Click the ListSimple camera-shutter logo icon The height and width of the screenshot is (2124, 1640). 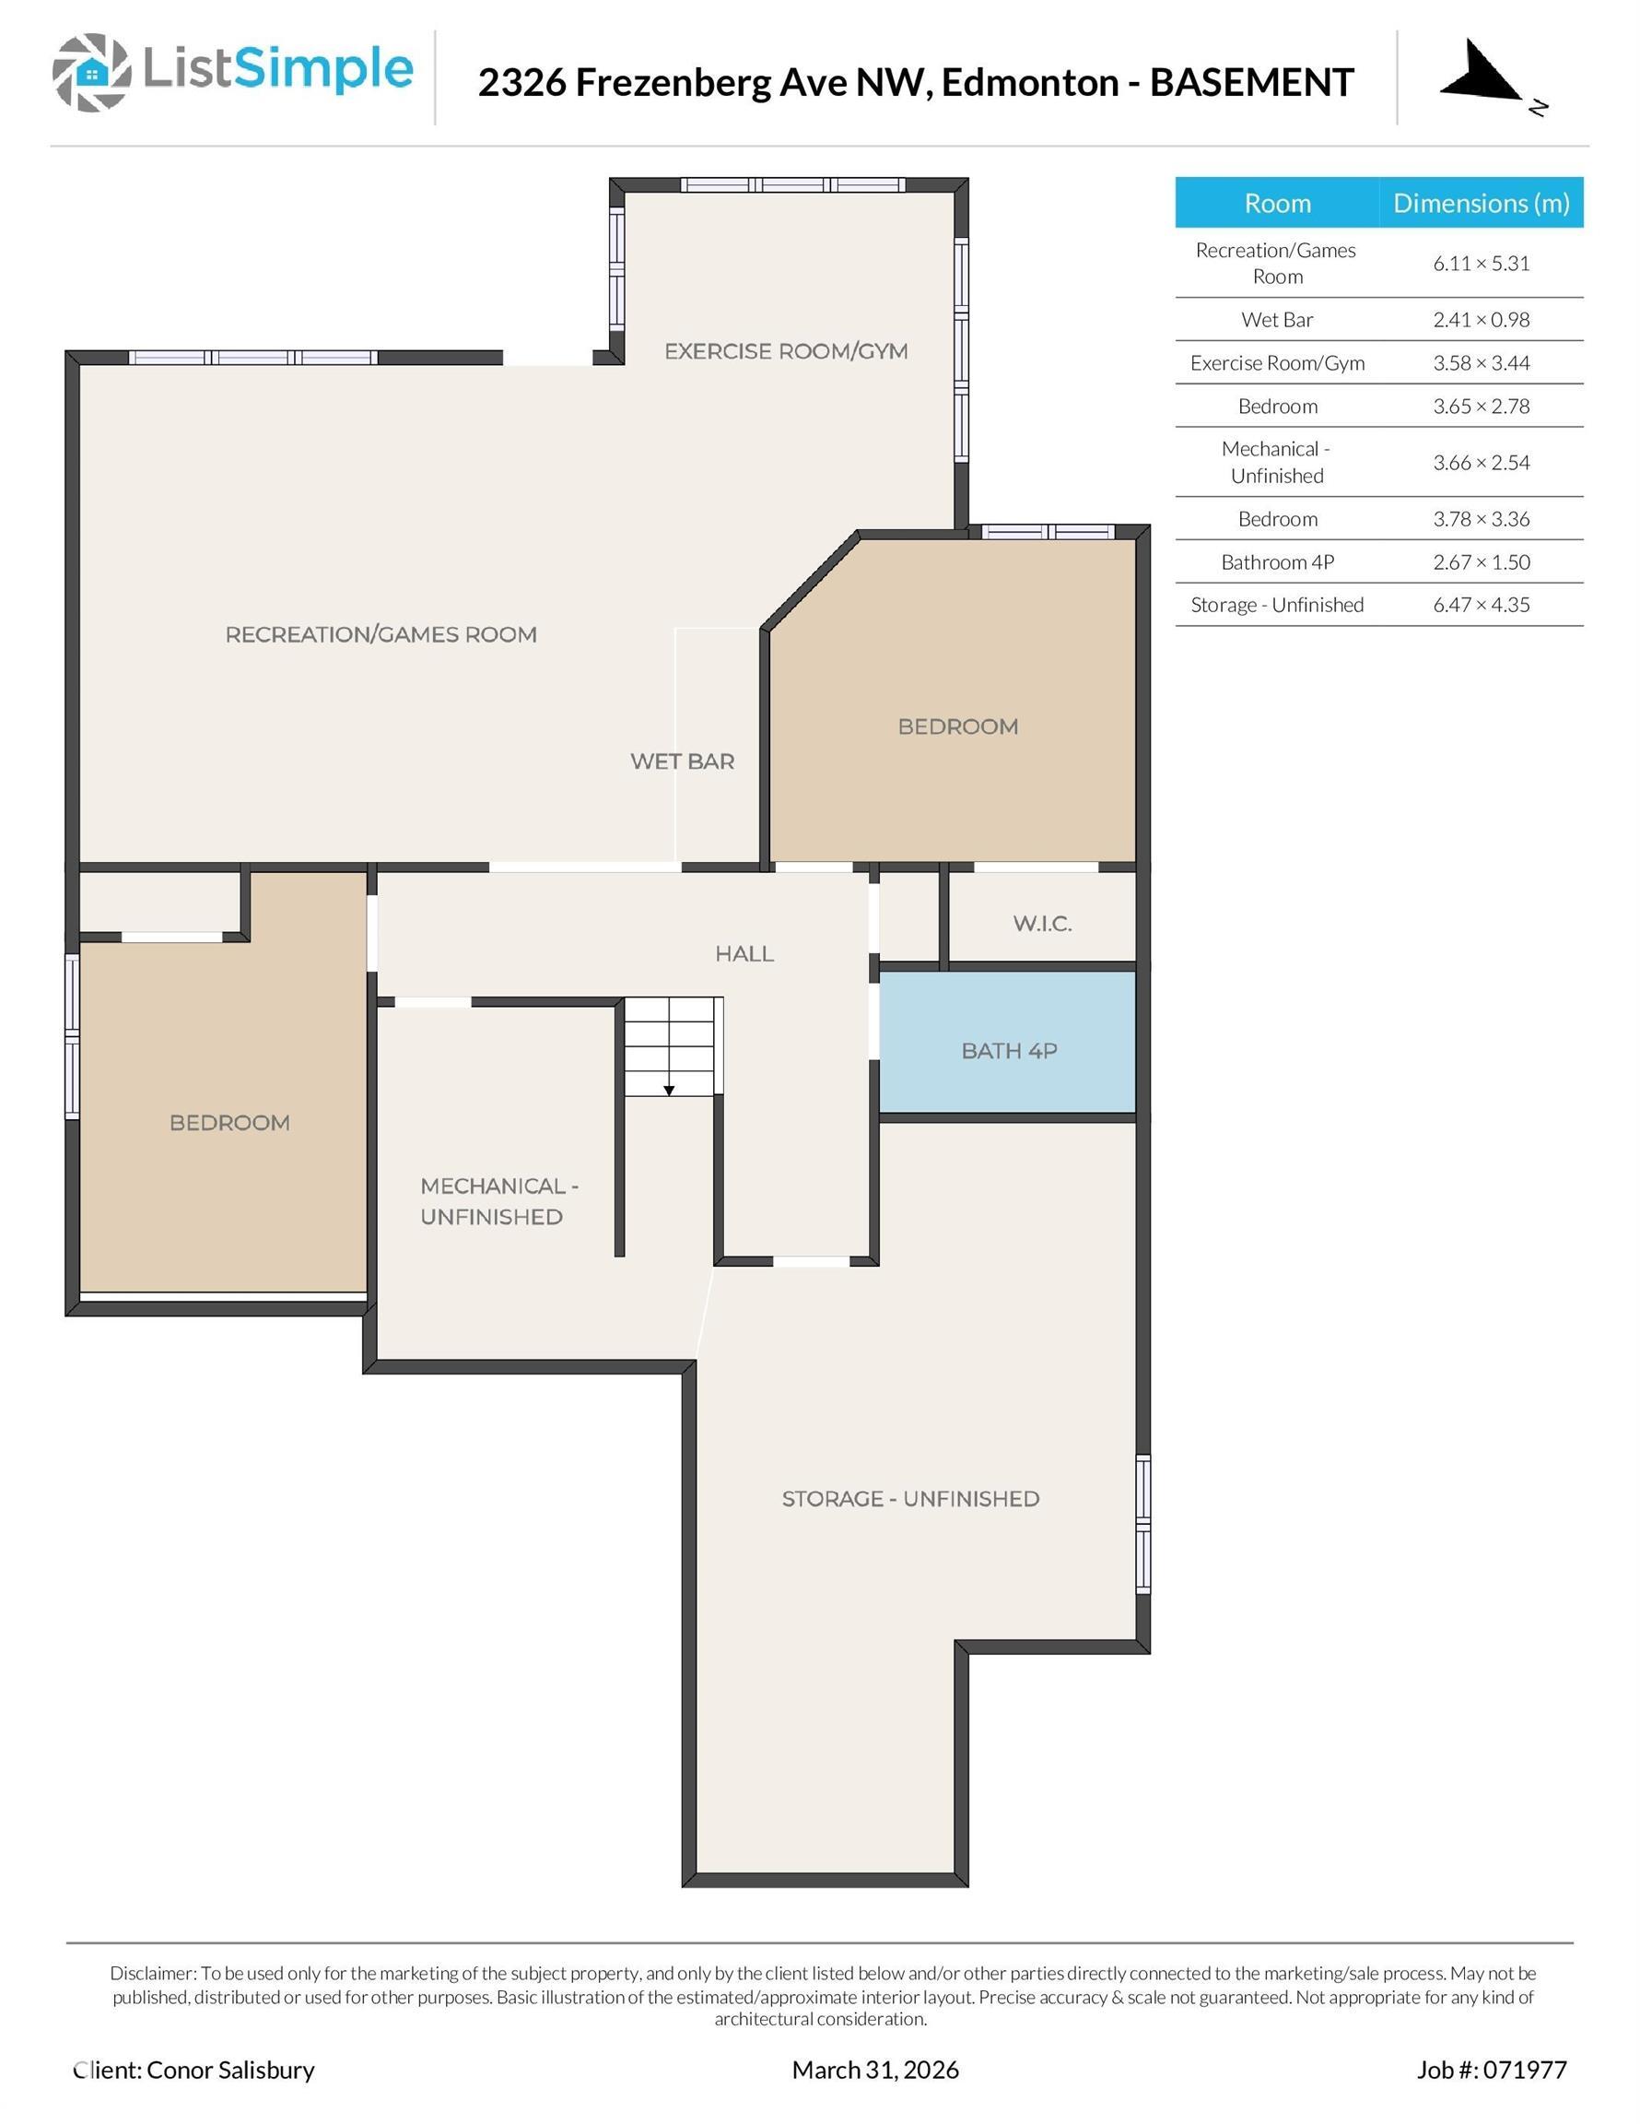(91, 72)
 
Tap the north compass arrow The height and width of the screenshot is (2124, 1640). (1479, 74)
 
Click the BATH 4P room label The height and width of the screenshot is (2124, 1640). (1008, 1050)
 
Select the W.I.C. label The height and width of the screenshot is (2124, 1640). (1042, 923)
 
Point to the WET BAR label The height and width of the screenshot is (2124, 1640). (682, 761)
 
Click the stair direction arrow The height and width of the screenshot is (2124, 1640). (669, 1091)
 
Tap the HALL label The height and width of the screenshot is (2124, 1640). (744, 954)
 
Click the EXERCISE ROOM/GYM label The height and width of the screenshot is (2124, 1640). (786, 351)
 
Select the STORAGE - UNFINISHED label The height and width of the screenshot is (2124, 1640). (910, 1499)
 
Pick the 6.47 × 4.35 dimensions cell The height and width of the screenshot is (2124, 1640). (1481, 605)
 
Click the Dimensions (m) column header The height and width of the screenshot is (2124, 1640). (1481, 203)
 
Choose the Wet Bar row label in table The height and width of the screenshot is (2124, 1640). (1276, 320)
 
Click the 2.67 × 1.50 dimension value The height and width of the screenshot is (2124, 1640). (1481, 562)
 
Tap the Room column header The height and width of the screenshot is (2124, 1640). (1276, 203)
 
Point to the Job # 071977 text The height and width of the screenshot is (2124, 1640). (1491, 2070)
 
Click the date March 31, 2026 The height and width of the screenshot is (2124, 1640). (875, 2070)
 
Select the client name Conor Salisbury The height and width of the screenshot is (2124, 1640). (229, 2070)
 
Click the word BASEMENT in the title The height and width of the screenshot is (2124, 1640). (1251, 83)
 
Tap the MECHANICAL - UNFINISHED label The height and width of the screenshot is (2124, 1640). (498, 1201)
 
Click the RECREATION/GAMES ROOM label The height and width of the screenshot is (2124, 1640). (381, 635)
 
